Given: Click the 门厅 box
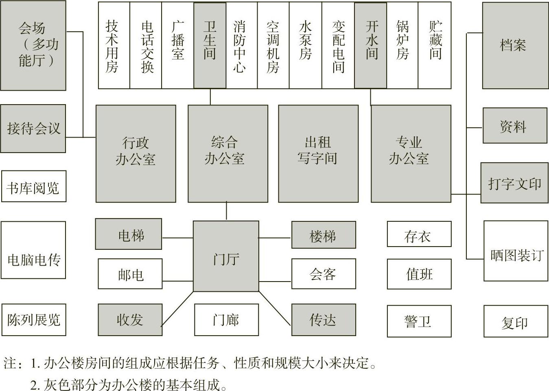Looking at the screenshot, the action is (226, 256).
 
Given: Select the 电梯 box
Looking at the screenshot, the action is (129, 234).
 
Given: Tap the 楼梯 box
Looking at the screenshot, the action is (324, 235).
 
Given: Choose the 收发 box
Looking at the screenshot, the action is (130, 320).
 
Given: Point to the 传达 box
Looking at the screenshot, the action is (324, 320).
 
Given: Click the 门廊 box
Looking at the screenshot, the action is (226, 320).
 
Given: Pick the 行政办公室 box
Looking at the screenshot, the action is (136, 154).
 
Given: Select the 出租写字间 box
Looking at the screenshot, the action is (318, 154).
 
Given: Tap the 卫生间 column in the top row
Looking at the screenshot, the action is (210, 46).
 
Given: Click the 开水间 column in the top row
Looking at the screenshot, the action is (370, 46).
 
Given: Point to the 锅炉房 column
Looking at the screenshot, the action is (402, 46).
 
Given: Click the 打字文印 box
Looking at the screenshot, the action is (514, 183).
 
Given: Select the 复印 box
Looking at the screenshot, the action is (515, 321).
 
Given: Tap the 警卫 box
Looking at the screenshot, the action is (419, 321).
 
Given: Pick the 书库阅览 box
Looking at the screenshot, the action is (33, 187).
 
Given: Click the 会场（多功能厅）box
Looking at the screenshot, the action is (33, 46).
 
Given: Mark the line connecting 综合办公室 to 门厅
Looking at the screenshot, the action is (227, 212).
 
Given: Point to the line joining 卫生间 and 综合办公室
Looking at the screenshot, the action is (210, 97).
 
